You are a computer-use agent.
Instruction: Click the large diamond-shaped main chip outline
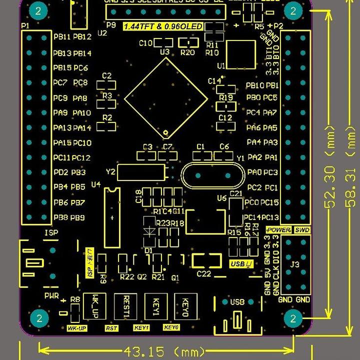point(165,97)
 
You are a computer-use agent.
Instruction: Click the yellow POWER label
point(278,230)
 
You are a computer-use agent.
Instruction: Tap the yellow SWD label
point(302,230)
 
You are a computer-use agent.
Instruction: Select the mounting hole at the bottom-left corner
point(39,318)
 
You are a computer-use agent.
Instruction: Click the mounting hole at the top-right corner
point(293,10)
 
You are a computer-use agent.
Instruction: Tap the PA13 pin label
point(62,128)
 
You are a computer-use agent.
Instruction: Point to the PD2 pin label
point(61,172)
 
